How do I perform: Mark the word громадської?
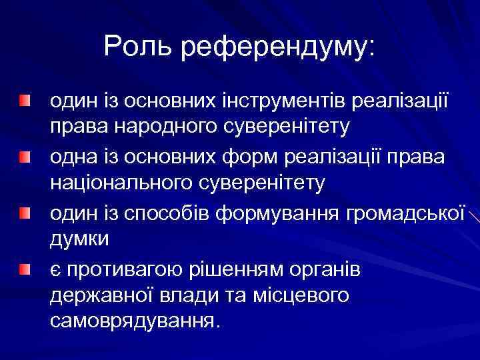pos(406,215)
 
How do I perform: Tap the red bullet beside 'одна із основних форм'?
pos(25,158)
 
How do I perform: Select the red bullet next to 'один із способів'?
pos(25,214)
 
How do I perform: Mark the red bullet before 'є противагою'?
pos(25,270)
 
